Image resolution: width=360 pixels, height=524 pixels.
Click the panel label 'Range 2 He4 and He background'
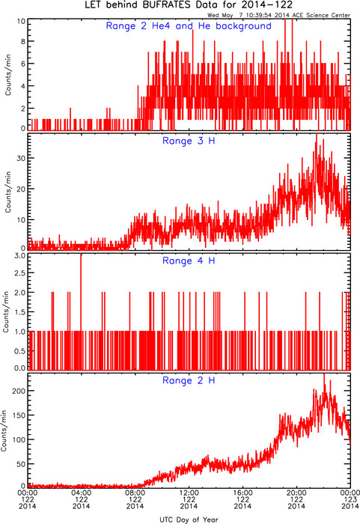(189, 26)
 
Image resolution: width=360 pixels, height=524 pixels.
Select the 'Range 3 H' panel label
(189, 141)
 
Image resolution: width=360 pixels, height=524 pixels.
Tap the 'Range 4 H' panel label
(189, 261)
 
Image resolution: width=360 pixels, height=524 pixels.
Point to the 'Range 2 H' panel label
(189, 380)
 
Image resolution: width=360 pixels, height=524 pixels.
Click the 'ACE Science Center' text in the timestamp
(321, 15)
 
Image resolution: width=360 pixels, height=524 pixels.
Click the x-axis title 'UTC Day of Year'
(189, 520)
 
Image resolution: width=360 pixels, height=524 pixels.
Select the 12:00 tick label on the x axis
(189, 493)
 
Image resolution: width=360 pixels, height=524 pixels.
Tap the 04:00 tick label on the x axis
(82, 493)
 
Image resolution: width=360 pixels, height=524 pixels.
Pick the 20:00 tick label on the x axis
(296, 493)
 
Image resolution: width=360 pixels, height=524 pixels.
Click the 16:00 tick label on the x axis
(242, 493)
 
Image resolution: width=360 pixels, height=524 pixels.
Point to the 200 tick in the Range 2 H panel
(19, 391)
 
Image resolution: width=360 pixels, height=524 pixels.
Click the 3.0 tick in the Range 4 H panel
(20, 256)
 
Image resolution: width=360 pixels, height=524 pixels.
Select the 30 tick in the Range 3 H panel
(21, 158)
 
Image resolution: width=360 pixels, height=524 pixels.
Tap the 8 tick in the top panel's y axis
(23, 41)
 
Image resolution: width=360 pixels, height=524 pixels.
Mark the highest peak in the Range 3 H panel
(316, 134)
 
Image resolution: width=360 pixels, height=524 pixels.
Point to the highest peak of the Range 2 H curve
(324, 374)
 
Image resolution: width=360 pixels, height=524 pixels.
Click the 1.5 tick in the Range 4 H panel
(20, 312)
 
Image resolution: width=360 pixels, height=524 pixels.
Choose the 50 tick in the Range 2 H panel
(21, 464)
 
